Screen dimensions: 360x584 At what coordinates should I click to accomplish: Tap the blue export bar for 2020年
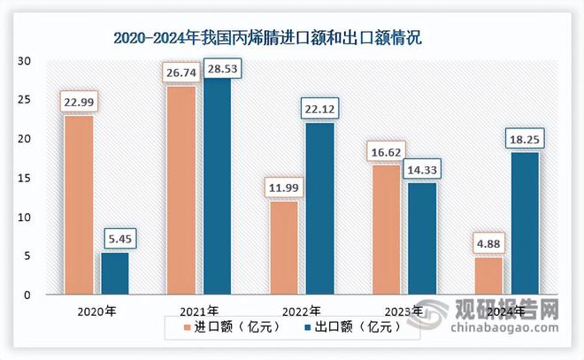(x=114, y=273)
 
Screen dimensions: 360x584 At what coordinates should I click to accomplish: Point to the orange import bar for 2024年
(x=488, y=275)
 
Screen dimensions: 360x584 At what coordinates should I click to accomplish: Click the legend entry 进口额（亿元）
(x=232, y=326)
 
